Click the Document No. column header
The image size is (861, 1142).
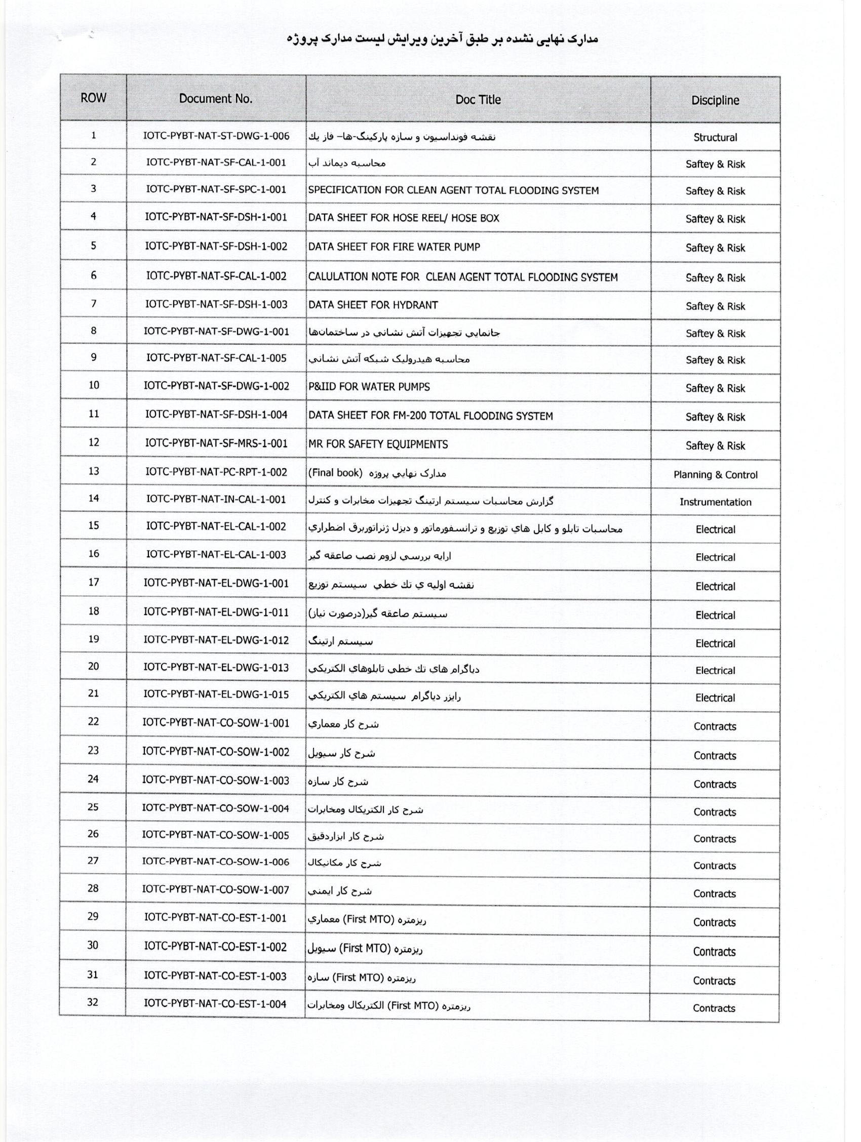pyautogui.click(x=215, y=99)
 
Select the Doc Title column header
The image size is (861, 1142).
pyautogui.click(x=478, y=100)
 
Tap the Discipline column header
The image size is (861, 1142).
pyautogui.click(x=715, y=100)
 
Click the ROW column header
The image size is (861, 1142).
pyautogui.click(x=94, y=98)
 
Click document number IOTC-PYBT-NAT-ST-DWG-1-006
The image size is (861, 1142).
pyautogui.click(x=216, y=136)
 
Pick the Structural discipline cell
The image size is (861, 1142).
pyautogui.click(x=715, y=137)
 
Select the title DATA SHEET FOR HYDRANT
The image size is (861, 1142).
pyautogui.click(x=373, y=305)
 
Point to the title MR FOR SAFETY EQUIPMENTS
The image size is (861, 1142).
pyautogui.click(x=378, y=444)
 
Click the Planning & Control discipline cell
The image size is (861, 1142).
pyautogui.click(x=715, y=474)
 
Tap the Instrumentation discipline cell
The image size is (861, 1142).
pyautogui.click(x=715, y=502)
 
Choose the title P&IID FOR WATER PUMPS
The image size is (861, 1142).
pyautogui.click(x=369, y=387)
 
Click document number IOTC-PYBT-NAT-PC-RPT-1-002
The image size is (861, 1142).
pyautogui.click(x=216, y=471)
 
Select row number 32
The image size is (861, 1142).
pyautogui.click(x=93, y=1002)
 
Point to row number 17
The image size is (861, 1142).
pyautogui.click(x=94, y=582)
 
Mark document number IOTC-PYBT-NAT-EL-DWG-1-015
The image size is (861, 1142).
pyautogui.click(x=216, y=695)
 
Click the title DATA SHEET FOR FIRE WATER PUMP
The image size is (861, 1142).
pyautogui.click(x=394, y=247)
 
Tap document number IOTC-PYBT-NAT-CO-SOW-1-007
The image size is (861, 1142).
pyautogui.click(x=215, y=889)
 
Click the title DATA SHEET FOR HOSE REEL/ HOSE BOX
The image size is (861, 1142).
pyautogui.click(x=404, y=218)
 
